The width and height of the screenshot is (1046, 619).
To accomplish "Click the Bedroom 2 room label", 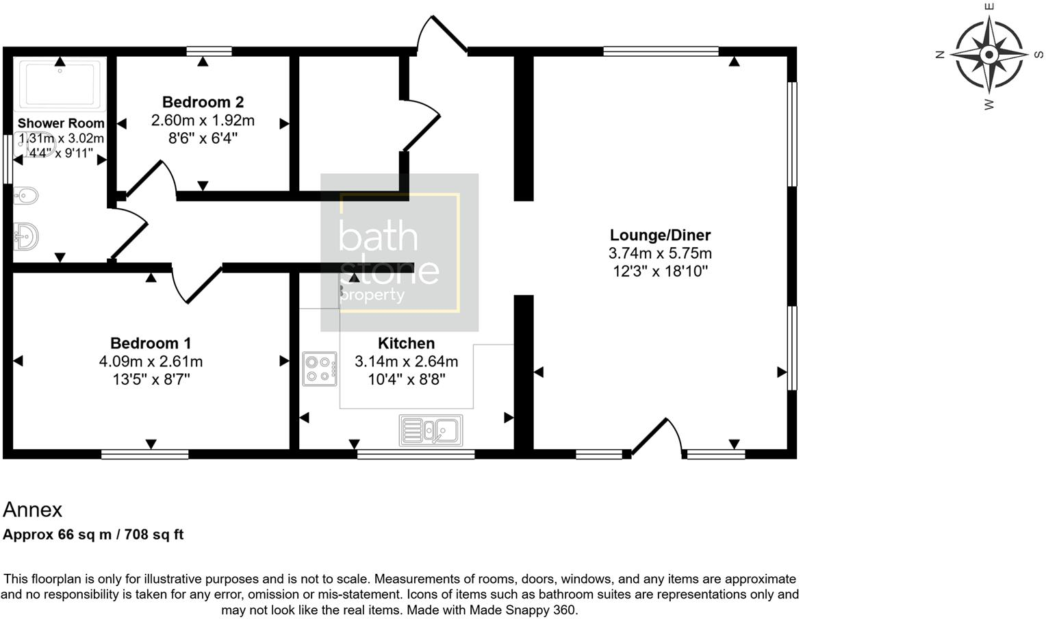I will pyautogui.click(x=203, y=102).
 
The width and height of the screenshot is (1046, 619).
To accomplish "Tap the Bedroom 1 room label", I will pyautogui.click(x=151, y=343).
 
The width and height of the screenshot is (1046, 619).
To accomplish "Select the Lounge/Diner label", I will pyautogui.click(x=660, y=235).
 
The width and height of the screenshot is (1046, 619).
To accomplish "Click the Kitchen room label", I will pyautogui.click(x=406, y=343).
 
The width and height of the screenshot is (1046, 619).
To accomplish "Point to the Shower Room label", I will pyautogui.click(x=61, y=123).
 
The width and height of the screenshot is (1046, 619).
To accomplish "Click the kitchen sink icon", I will pyautogui.click(x=431, y=430).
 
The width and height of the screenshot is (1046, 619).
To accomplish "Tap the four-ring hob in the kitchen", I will pyautogui.click(x=320, y=369).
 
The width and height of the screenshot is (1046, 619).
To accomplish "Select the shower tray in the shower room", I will pyautogui.click(x=60, y=84).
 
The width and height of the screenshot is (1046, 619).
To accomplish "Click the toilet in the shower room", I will pyautogui.click(x=26, y=197).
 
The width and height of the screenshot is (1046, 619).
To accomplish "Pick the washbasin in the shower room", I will pyautogui.click(x=26, y=237).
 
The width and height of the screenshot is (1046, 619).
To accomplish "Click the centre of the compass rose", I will pyautogui.click(x=988, y=54).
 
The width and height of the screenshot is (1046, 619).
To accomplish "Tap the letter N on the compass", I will pyautogui.click(x=940, y=55).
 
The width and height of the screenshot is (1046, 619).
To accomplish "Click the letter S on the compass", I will pyautogui.click(x=1038, y=55).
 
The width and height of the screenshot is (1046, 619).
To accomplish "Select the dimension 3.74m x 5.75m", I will pyautogui.click(x=660, y=253).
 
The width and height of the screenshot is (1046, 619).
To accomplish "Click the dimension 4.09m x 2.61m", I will pyautogui.click(x=151, y=361).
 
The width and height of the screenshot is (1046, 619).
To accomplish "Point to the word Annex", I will pyautogui.click(x=32, y=509).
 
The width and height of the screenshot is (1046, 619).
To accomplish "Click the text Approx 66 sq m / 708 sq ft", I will pyautogui.click(x=93, y=535).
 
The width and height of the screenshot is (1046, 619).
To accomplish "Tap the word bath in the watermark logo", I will pyautogui.click(x=378, y=237).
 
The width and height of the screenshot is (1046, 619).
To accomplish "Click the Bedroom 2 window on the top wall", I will pyautogui.click(x=209, y=51).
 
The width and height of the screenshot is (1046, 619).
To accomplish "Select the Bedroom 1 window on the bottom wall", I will pyautogui.click(x=144, y=454).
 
